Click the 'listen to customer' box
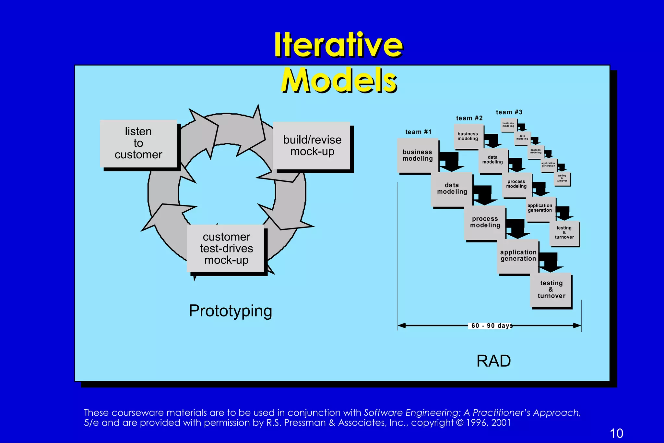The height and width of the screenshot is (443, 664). pos(138,143)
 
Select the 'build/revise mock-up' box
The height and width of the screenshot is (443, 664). pos(312,146)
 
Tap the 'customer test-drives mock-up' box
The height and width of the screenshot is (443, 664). pos(226,248)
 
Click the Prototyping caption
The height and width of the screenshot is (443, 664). pos(230,311)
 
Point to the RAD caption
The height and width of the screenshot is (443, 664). pos(493,361)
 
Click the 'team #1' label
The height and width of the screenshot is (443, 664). pos(418,132)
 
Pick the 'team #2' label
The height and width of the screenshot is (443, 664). pos(469,118)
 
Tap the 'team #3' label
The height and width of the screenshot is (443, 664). pos(509,112)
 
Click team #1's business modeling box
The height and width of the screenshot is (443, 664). pos(418,155)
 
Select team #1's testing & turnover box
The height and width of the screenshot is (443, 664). pos(551,290)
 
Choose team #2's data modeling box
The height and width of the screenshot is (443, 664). pos(492,160)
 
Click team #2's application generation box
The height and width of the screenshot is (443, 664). pos(540,208)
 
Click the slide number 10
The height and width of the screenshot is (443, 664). pos(616,433)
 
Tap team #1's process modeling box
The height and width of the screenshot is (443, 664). pos(485,222)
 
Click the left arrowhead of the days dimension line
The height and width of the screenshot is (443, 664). pos(401,326)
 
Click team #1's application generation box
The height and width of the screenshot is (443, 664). pos(518,256)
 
